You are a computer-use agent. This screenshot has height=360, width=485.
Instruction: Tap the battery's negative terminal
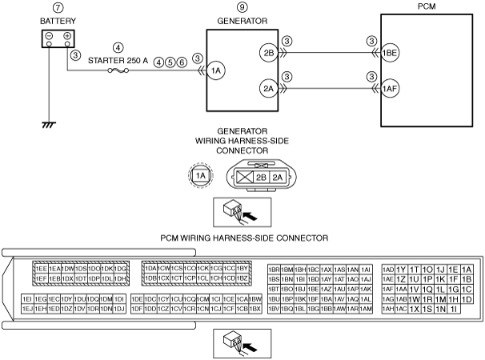coord(50,37)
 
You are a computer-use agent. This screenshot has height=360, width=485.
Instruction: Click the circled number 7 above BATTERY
coord(58,8)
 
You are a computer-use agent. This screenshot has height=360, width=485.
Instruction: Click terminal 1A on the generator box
coord(215,71)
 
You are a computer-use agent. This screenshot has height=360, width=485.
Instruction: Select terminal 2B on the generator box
coord(270,54)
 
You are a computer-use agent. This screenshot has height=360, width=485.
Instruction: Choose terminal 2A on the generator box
coord(270,88)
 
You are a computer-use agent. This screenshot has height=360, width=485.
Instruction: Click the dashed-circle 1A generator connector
coord(200,174)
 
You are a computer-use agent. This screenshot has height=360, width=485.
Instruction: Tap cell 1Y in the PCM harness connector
coord(403,269)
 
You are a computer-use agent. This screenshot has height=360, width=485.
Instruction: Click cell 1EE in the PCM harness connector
coord(41,268)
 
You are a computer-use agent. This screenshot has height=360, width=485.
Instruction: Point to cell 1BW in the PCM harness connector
coord(255,298)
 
